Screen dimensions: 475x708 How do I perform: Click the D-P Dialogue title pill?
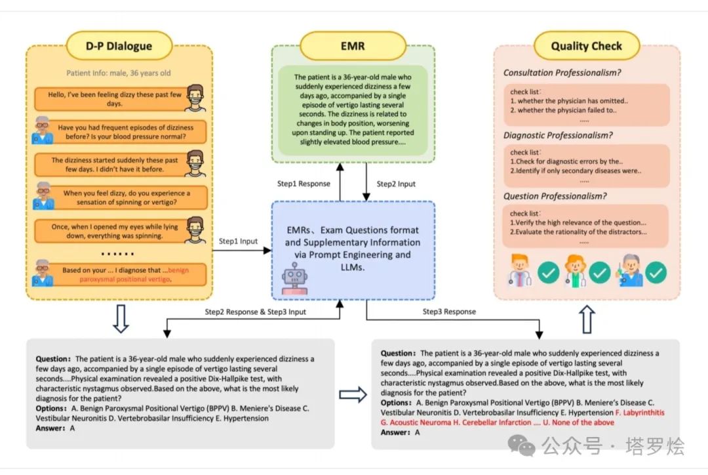pos(119,46)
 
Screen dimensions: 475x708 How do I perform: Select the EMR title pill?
pos(352,46)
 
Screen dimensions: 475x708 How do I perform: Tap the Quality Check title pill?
pos(586,46)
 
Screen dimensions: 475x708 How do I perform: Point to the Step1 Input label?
pos(238,241)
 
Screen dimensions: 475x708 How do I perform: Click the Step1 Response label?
pos(304,184)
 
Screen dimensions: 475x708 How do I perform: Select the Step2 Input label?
pos(396,184)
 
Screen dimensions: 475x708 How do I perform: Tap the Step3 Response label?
pos(449,311)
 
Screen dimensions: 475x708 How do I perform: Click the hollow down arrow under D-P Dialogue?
pos(121,319)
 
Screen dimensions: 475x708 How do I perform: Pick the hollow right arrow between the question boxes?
pos(353,394)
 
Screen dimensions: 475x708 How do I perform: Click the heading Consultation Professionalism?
pos(562,73)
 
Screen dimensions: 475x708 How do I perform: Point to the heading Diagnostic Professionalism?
pos(558,135)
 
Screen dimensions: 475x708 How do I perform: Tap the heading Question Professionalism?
pos(555,196)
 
